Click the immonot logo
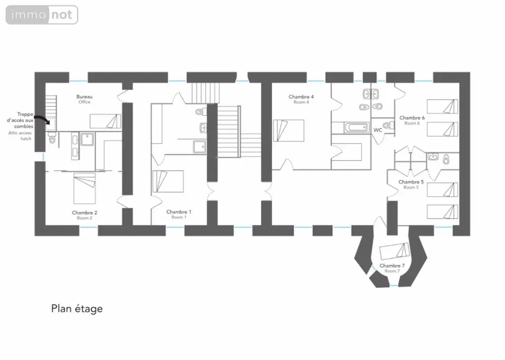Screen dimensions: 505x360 42,15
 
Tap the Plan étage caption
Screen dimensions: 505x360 77,309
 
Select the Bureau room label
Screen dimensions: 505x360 84,97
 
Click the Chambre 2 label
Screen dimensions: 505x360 84,213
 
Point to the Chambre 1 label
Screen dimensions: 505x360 179,212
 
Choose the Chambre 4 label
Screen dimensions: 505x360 301,97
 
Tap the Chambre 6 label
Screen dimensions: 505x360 412,118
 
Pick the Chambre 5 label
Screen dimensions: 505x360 411,182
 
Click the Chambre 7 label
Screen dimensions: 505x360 392,266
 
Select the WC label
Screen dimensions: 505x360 378,130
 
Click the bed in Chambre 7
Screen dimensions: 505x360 395,251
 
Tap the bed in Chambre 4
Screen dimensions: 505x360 289,130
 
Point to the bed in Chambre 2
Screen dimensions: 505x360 84,188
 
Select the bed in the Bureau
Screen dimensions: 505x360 106,121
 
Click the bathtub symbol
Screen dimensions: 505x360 357,128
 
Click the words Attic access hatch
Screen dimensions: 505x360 20,136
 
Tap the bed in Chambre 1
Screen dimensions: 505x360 168,181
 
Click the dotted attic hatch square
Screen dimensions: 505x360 51,124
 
